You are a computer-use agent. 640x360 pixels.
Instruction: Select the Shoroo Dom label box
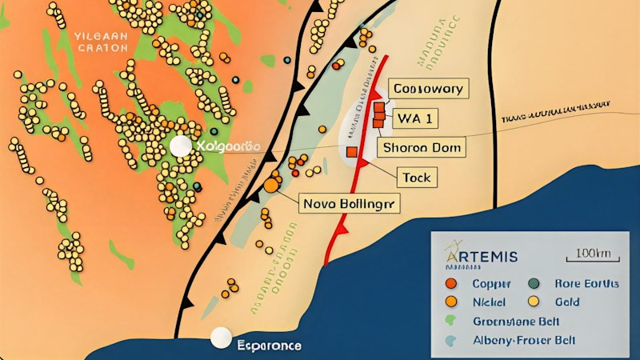pyautogui.click(x=424, y=148)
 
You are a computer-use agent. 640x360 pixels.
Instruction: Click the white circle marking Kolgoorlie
pyautogui.click(x=182, y=146)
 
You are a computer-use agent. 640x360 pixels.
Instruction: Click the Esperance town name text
pyautogui.click(x=270, y=346)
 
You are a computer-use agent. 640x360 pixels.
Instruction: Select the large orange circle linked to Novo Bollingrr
pyautogui.click(x=272, y=186)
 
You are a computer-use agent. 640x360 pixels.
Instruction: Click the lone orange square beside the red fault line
pyautogui.click(x=351, y=151)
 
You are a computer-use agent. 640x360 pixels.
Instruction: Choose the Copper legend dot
pyautogui.click(x=451, y=284)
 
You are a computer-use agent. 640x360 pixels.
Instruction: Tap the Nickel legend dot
pyautogui.click(x=451, y=302)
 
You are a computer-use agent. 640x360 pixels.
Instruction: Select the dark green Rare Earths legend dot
pyautogui.click(x=534, y=284)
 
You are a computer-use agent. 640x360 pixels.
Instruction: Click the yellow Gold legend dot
pyautogui.click(x=534, y=302)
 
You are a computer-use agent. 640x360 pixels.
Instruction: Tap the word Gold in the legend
pyautogui.click(x=566, y=302)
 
